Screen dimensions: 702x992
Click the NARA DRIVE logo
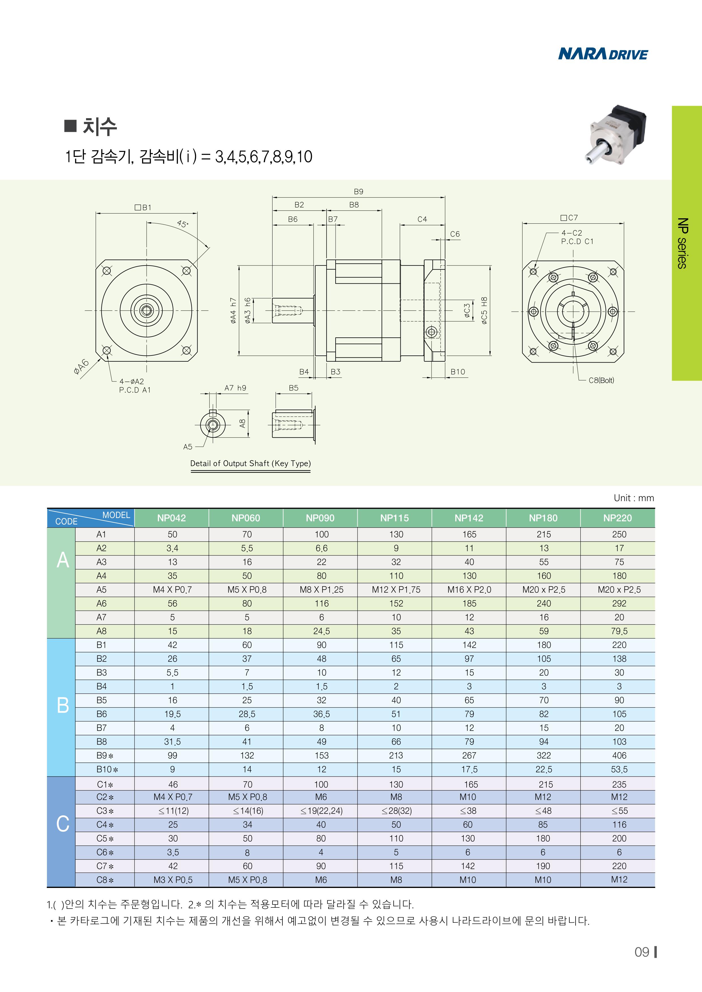pos(603,54)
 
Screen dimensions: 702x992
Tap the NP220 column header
pos(618,518)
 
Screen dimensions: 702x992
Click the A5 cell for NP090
pos(321,590)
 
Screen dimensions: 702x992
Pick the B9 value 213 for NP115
pos(396,756)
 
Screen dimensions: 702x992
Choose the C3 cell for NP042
pos(173,811)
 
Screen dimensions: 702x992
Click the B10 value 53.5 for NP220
pos(619,769)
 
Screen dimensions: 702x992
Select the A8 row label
pos(101,631)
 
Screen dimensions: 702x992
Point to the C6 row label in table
pos(105,852)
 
